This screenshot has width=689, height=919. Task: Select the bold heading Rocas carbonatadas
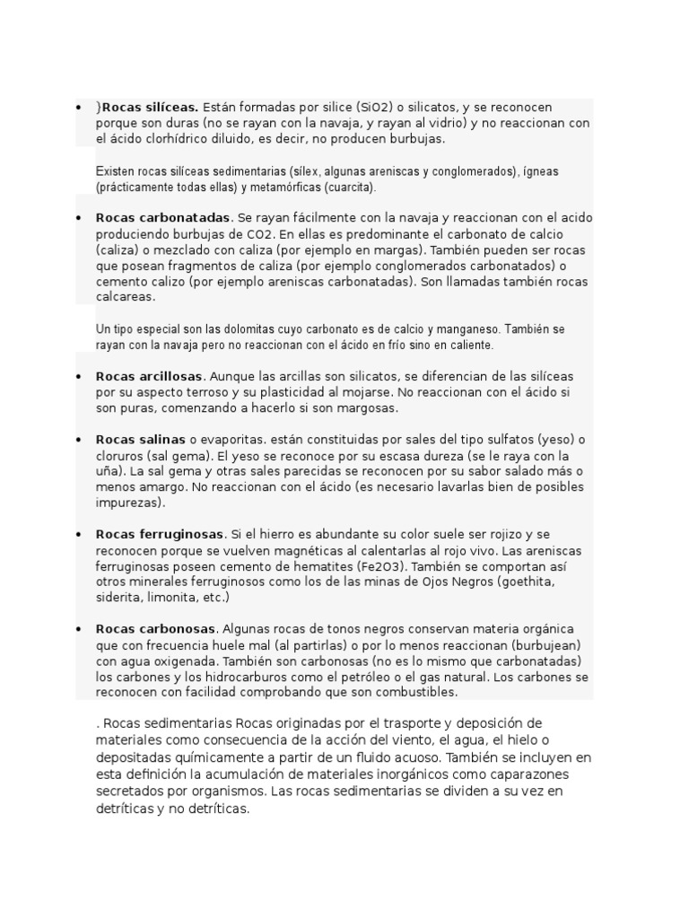[163, 218]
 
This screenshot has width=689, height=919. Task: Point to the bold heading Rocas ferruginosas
[161, 534]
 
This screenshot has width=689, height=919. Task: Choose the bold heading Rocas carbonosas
[156, 628]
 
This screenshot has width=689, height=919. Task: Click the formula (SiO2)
[374, 108]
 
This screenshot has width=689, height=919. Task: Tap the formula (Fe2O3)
[379, 566]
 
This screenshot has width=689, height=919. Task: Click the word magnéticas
[300, 550]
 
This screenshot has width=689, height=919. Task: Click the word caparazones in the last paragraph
[525, 774]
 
